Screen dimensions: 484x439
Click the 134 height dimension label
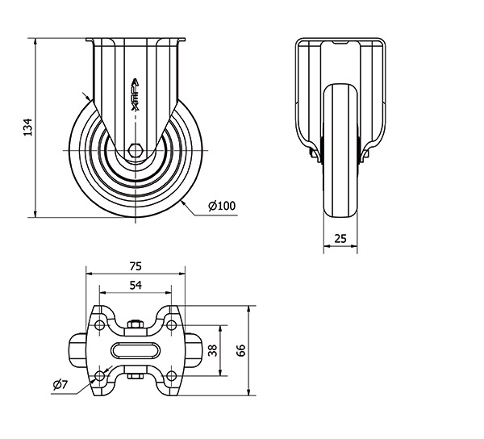pos(28,127)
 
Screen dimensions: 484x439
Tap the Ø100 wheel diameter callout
pos(222,206)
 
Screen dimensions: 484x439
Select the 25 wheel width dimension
pos(340,238)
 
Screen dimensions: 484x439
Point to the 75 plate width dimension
pos(136,265)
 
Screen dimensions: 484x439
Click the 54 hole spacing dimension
pos(136,285)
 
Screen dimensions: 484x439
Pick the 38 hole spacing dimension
pos(213,350)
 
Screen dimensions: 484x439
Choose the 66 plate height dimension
pos(240,350)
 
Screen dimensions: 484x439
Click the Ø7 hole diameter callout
pos(60,385)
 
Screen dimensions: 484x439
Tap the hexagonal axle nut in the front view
pos(135,150)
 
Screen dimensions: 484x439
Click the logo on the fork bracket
pos(136,94)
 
